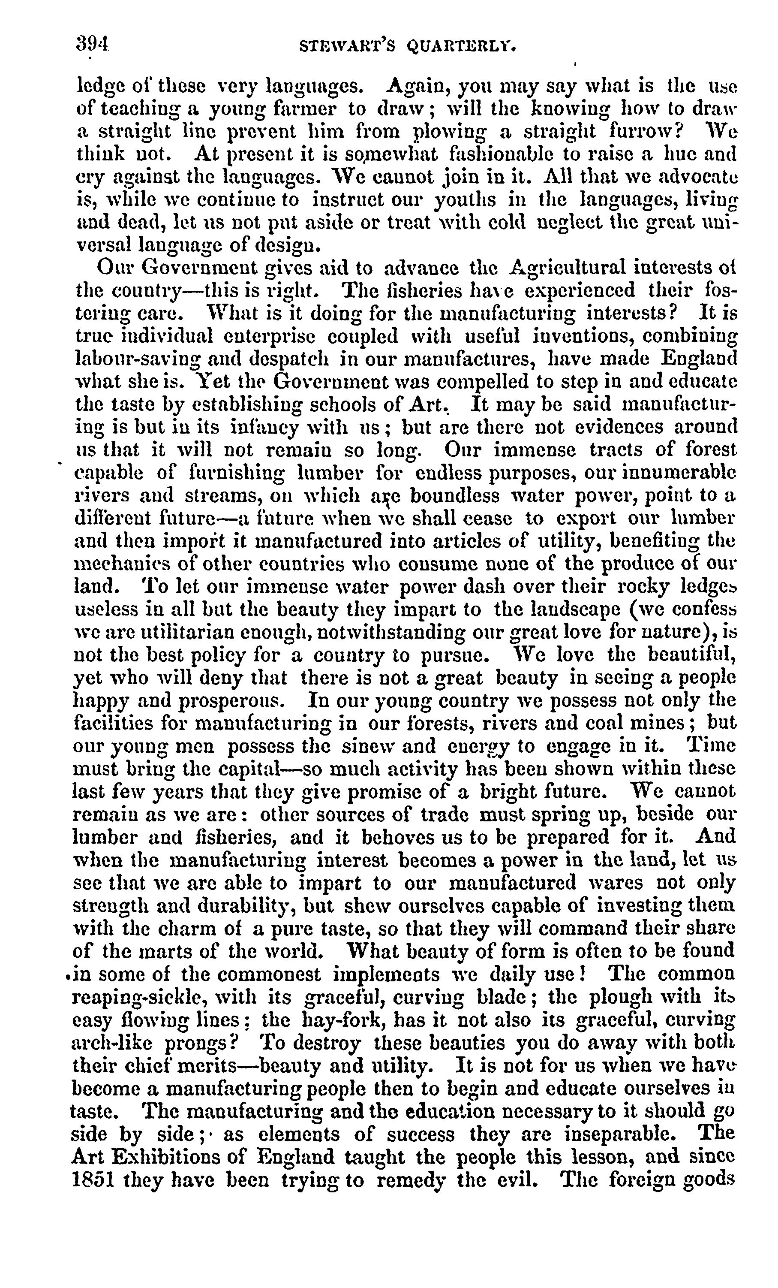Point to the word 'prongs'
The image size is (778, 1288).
[202, 1042]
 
